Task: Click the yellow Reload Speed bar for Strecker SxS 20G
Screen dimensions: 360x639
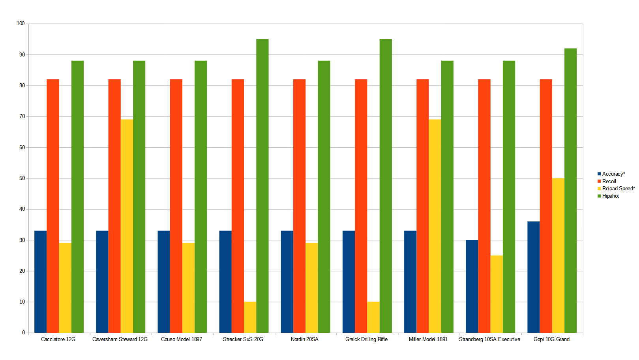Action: coord(250,317)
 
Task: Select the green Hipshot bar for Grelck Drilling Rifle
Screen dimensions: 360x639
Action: coord(386,186)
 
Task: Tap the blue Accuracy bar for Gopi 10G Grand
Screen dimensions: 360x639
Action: coord(533,277)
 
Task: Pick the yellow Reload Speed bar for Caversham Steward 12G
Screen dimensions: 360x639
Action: coord(127,226)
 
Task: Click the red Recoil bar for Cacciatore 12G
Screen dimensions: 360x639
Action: coord(53,206)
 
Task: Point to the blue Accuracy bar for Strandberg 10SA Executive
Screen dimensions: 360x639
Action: coord(472,286)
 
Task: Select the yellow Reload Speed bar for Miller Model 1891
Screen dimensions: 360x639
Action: coord(435,226)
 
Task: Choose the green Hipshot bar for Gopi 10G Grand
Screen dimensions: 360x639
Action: coord(570,190)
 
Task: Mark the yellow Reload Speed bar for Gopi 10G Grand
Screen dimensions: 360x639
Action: coord(558,255)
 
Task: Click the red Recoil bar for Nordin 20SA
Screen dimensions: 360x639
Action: coord(299,206)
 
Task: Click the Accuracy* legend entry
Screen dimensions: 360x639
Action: coord(613,174)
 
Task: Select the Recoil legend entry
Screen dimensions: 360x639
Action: coord(609,181)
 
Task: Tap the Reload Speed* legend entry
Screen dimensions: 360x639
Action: coord(618,188)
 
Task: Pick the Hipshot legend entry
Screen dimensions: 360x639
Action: coord(610,196)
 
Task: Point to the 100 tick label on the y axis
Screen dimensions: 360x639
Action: coord(21,24)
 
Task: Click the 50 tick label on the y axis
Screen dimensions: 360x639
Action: coord(22,178)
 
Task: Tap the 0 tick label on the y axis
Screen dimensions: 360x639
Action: coord(23,333)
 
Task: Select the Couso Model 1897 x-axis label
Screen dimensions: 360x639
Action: coord(182,339)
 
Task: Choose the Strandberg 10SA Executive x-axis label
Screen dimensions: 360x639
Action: coord(489,339)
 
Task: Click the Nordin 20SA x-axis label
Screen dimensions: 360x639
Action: coord(304,339)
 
